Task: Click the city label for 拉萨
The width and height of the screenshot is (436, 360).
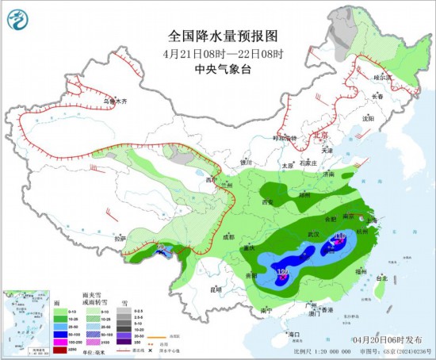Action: pos(120,238)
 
